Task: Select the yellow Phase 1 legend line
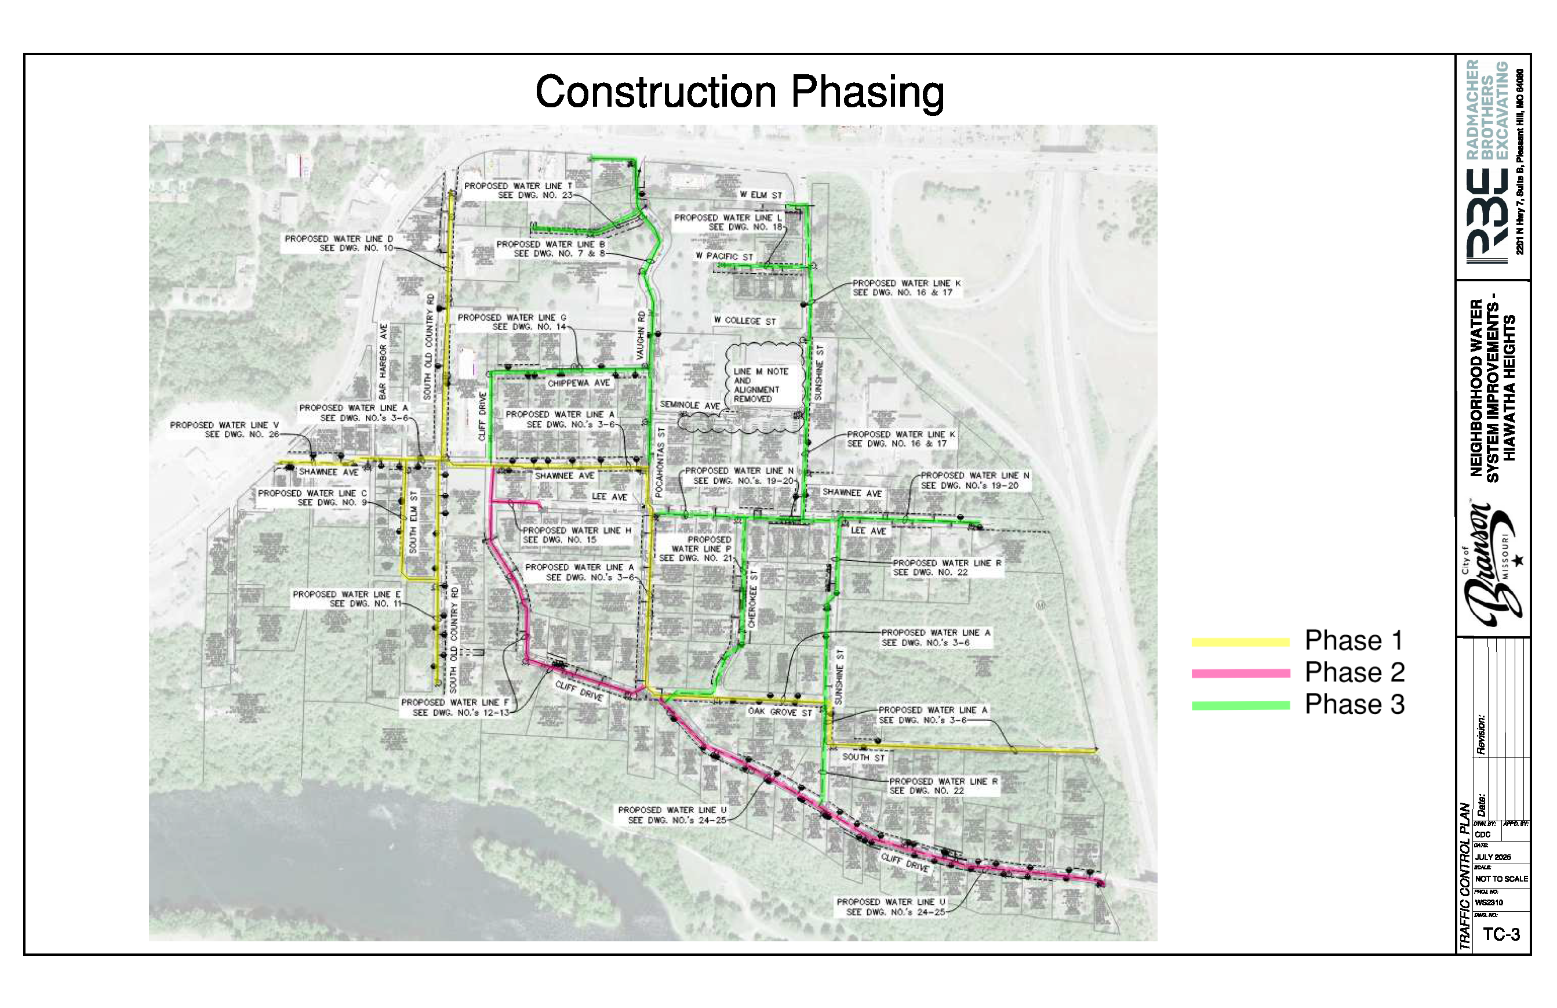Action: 1240,642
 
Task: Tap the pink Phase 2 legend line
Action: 1240,673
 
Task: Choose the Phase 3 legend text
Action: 1354,705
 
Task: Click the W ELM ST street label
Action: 761,195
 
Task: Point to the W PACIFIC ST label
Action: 724,256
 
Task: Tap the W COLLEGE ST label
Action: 744,321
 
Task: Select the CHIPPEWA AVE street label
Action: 579,383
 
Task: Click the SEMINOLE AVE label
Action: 690,406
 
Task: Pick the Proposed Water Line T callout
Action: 518,190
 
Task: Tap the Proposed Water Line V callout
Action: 224,429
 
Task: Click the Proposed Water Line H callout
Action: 576,535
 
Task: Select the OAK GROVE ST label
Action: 780,712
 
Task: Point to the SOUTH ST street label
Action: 863,757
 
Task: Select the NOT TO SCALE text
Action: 1501,879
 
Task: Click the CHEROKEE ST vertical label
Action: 752,599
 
